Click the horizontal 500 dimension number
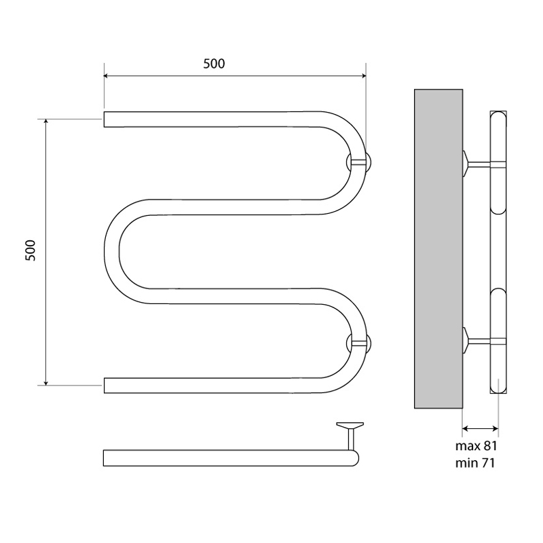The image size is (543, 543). click(x=214, y=64)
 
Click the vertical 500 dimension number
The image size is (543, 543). click(x=31, y=250)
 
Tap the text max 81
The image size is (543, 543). click(x=476, y=446)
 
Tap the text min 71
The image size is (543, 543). click(x=474, y=463)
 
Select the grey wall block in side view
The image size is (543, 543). click(x=438, y=248)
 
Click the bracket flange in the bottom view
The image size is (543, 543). click(x=350, y=425)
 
